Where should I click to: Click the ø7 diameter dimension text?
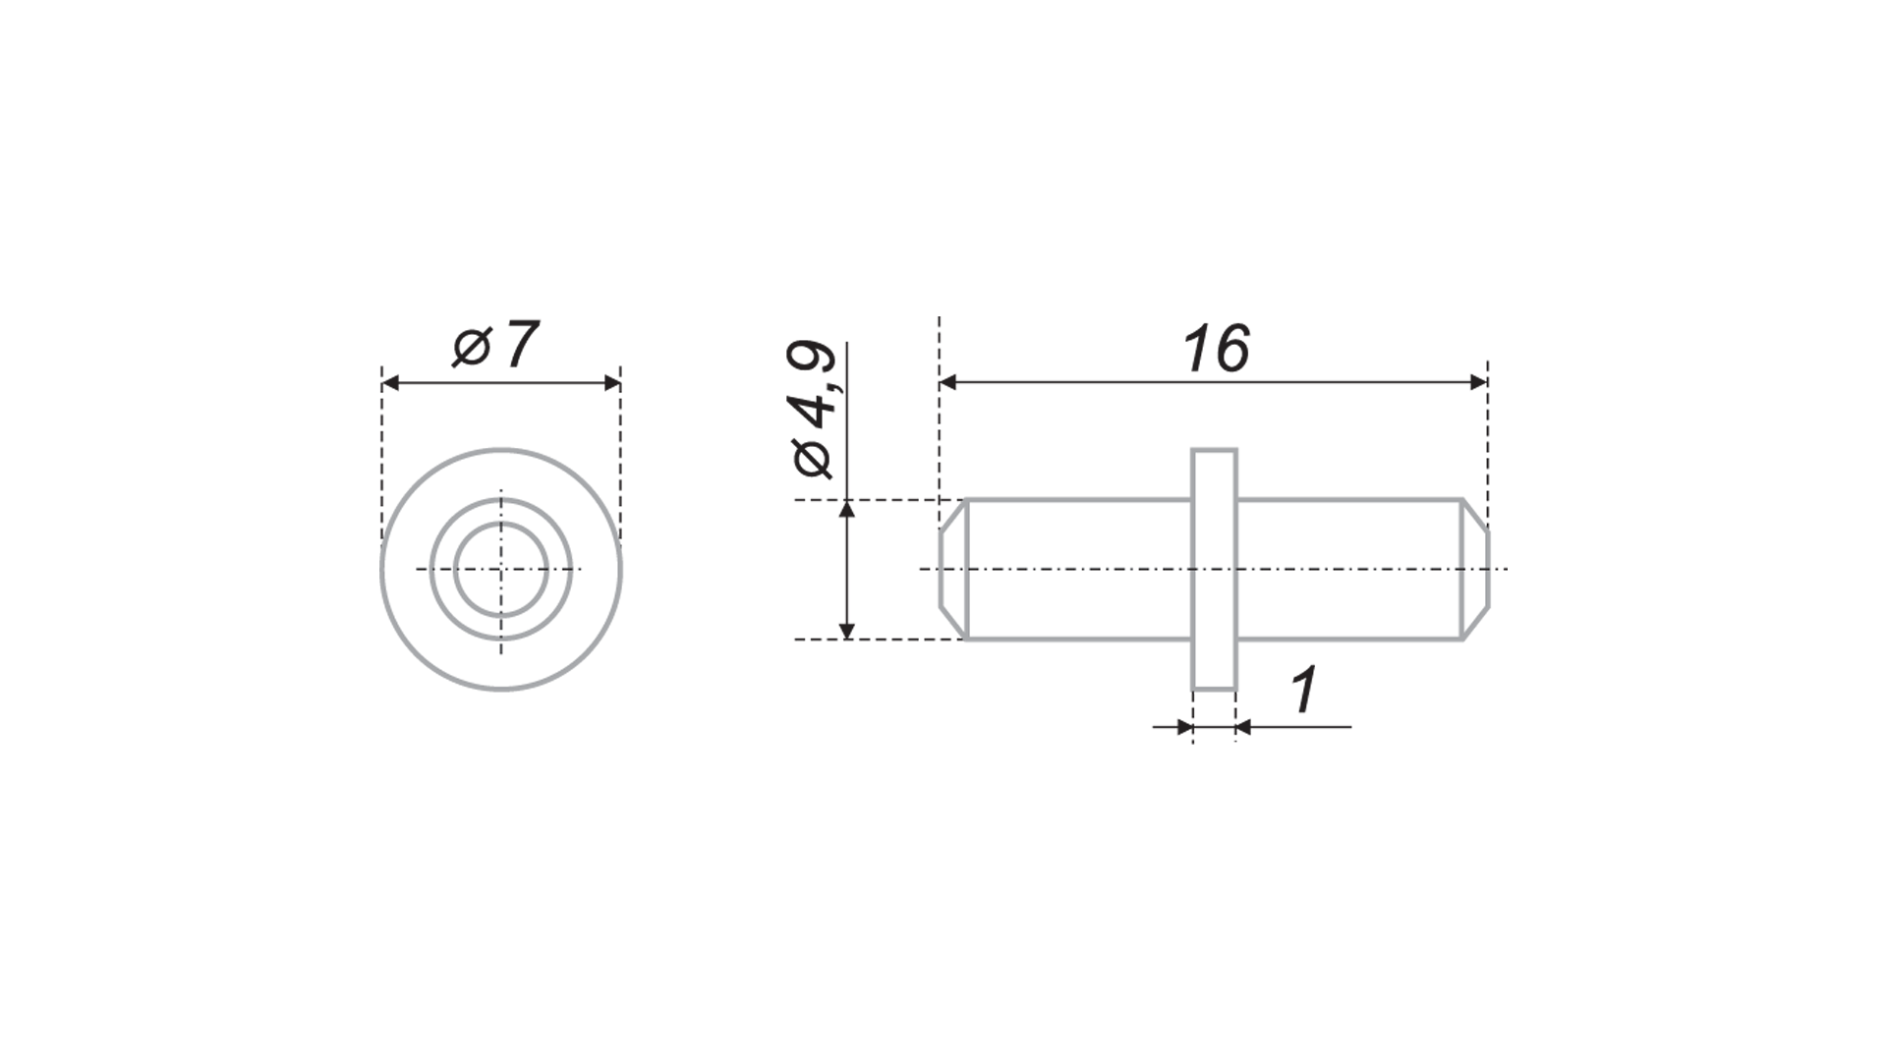pos(496,345)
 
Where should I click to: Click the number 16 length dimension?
pos(1217,349)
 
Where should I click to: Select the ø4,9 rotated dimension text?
pos(814,411)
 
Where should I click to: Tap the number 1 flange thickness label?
pos(1304,691)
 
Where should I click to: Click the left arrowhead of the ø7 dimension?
pos(391,382)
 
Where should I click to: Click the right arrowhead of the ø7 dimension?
pos(611,382)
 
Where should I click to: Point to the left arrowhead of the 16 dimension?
pos(948,382)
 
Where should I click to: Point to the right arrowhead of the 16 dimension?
pos(1478,382)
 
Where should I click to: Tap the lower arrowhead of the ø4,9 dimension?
pos(847,630)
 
